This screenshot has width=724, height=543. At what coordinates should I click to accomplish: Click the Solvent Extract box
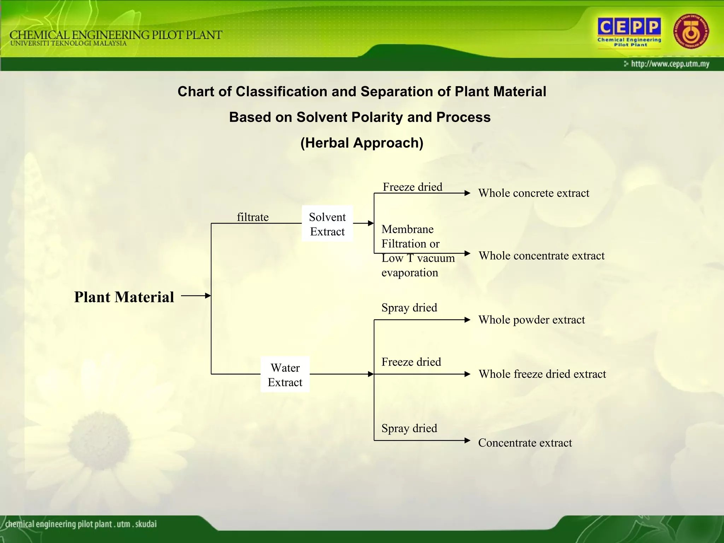(x=327, y=224)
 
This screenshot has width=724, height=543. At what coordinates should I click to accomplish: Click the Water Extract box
(x=285, y=375)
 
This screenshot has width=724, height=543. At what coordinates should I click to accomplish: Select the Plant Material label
(x=124, y=297)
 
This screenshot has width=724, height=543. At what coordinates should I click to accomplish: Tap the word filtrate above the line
(x=252, y=217)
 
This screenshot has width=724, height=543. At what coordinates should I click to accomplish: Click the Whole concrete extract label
(x=533, y=193)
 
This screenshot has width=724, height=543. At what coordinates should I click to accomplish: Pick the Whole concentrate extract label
(x=541, y=256)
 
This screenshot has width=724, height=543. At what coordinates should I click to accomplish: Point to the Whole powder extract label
(x=531, y=320)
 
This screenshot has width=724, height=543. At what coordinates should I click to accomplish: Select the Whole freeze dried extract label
(x=542, y=374)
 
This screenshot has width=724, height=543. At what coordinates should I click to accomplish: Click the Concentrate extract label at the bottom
(x=525, y=443)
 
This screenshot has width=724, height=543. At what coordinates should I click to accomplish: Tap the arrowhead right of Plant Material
(x=208, y=296)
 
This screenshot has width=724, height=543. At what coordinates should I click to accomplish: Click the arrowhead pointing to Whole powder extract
(x=467, y=320)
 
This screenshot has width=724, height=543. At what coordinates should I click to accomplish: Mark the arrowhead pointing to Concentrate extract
(x=467, y=440)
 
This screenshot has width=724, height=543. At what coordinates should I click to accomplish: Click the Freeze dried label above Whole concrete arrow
(x=412, y=187)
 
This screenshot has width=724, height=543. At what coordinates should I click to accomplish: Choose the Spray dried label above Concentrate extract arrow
(x=409, y=428)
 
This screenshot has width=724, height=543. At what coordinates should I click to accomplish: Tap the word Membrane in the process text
(x=407, y=229)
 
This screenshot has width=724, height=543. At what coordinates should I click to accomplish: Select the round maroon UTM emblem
(x=691, y=32)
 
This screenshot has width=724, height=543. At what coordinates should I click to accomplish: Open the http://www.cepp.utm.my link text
(x=670, y=64)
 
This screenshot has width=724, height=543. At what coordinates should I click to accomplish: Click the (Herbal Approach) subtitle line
(x=362, y=143)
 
